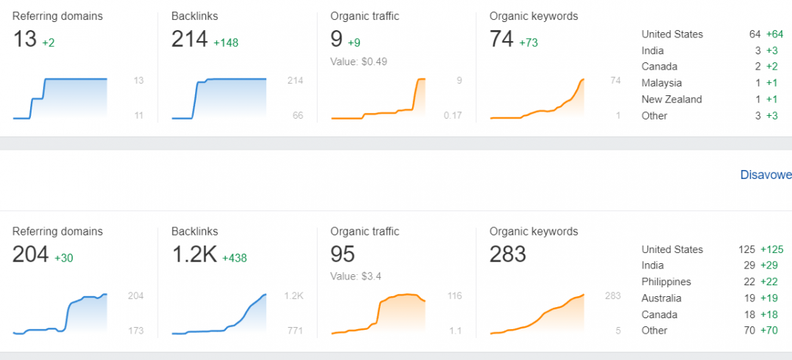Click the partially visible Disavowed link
coord(766,175)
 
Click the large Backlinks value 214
coord(189,40)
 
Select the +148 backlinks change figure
coord(226,43)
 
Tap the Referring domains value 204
coord(31,254)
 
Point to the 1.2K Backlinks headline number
coord(194,254)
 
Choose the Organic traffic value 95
coord(343,254)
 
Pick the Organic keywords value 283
coord(508,254)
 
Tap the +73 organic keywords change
coord(529,43)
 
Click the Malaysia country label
coord(661,83)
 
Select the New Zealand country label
coord(672,99)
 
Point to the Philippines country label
coord(666,282)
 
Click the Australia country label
coord(661,298)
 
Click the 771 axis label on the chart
coord(295,331)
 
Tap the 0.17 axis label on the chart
coord(453,115)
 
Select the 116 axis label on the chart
coord(454,295)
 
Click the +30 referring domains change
coord(65,258)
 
